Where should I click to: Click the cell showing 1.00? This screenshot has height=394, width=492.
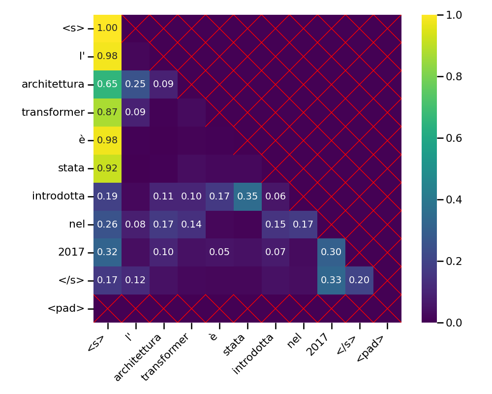[x=107, y=28]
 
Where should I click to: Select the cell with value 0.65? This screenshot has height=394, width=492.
[x=107, y=84]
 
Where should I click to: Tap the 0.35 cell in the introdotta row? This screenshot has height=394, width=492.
[x=247, y=197]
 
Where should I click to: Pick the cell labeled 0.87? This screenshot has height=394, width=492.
[x=107, y=112]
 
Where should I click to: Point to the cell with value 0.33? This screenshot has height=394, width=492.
[x=332, y=280]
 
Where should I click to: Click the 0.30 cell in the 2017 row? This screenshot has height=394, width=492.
[x=332, y=252]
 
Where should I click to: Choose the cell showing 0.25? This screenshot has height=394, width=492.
[x=135, y=84]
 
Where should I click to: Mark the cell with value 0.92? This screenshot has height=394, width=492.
[x=107, y=168]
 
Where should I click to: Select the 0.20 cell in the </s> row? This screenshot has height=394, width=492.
[x=360, y=280]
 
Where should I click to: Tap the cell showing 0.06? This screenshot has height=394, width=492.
[x=276, y=197]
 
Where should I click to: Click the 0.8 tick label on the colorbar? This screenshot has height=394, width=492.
[x=453, y=76]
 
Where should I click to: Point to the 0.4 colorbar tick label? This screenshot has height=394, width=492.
[x=453, y=199]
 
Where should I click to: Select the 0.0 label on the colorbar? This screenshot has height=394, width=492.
[x=453, y=323]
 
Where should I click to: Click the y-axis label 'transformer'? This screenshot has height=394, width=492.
[x=53, y=112]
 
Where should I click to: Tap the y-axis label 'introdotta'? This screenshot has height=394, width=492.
[x=59, y=197]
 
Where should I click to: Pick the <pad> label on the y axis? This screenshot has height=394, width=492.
[x=66, y=309]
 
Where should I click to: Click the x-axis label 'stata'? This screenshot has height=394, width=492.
[x=235, y=344]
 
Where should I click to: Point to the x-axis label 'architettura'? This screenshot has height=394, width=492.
[x=139, y=358]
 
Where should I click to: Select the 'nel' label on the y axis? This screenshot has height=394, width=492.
[x=77, y=225]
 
